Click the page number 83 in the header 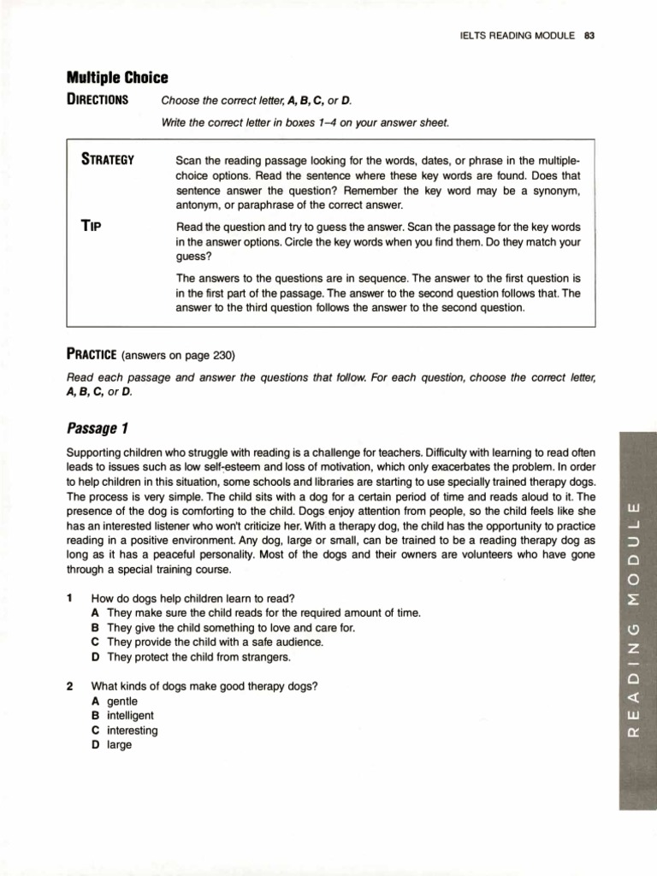(x=590, y=35)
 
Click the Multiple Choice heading (x=117, y=78)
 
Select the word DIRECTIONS (x=98, y=99)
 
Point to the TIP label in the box (x=92, y=227)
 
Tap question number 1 (x=69, y=598)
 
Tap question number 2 (x=69, y=686)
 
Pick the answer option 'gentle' (x=122, y=701)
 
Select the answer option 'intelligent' (x=130, y=715)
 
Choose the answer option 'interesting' (x=133, y=731)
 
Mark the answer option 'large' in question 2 (x=120, y=745)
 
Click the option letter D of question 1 (x=96, y=657)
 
